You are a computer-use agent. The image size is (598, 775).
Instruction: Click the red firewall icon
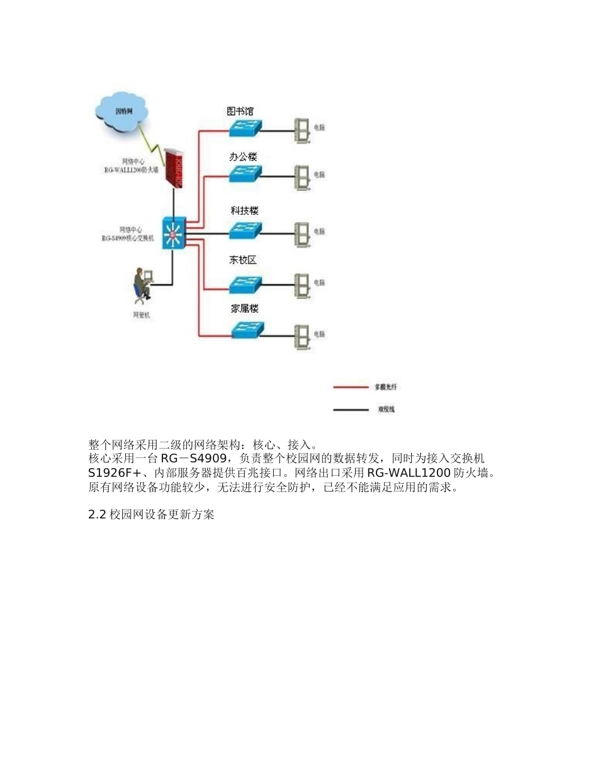click(x=176, y=168)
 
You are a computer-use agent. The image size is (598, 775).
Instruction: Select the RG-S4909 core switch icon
click(x=173, y=234)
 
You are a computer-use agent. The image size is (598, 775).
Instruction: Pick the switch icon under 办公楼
click(x=245, y=173)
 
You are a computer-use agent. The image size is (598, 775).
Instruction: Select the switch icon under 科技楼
click(x=245, y=230)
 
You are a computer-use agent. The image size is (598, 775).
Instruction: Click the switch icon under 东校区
click(x=245, y=285)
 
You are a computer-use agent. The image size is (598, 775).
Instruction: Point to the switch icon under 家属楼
click(x=247, y=330)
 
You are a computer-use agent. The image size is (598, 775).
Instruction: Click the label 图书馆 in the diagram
click(x=240, y=111)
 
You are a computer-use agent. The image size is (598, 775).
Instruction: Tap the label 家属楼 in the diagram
click(x=244, y=309)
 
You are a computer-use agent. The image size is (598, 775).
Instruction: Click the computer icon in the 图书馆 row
click(x=303, y=130)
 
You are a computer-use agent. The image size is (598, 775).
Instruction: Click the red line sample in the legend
click(x=350, y=387)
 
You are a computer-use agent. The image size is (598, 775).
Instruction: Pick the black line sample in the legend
click(x=350, y=410)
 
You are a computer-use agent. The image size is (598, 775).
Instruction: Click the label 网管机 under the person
click(x=141, y=315)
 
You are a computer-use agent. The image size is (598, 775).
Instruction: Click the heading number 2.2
click(x=98, y=515)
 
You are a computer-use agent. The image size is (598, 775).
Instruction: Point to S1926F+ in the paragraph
click(x=114, y=473)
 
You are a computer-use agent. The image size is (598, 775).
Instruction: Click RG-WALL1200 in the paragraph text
click(x=409, y=473)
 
